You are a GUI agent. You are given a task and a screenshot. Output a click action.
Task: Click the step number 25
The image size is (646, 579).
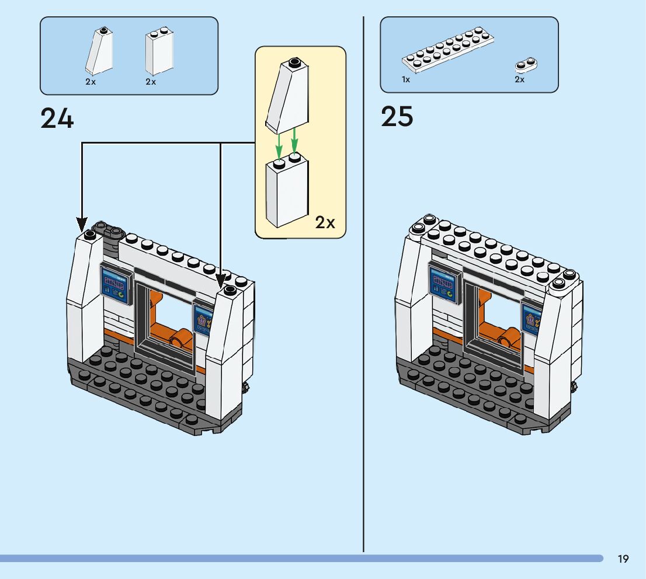tap(397, 117)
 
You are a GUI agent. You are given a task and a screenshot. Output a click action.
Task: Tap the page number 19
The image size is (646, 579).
tap(623, 559)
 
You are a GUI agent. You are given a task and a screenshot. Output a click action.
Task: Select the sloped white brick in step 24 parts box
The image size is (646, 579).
tap(100, 51)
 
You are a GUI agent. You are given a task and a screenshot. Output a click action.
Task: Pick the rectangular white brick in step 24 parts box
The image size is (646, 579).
tap(159, 51)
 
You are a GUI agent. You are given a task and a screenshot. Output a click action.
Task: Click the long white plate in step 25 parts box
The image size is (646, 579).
tap(448, 50)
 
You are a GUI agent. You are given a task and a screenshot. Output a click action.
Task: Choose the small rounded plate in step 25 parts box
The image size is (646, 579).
tap(526, 65)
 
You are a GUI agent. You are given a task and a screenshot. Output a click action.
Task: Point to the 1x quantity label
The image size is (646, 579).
tap(406, 79)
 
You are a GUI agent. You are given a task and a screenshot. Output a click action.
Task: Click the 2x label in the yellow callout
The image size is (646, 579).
tap(325, 222)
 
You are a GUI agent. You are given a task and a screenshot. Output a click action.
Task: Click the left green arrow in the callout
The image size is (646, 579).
tap(279, 146)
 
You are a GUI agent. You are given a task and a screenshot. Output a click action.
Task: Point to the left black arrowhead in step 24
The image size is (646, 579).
tap(82, 225)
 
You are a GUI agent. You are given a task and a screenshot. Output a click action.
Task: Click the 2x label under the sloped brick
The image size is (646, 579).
tap(91, 82)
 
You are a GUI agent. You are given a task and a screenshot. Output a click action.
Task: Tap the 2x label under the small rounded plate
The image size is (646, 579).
tap(519, 79)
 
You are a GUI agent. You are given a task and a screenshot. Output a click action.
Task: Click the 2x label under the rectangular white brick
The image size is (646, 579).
tap(151, 82)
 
